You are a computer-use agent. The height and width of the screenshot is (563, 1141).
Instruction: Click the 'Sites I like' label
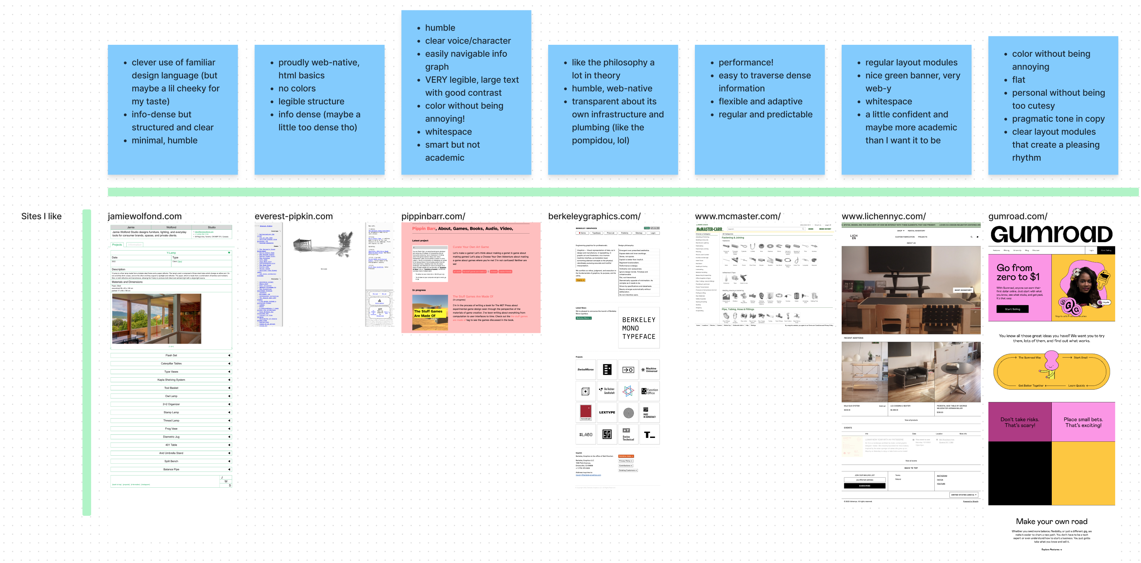coord(41,216)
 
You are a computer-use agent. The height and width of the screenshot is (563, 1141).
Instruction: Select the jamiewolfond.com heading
coord(144,216)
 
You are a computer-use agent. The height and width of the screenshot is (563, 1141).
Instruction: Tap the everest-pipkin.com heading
coord(293,216)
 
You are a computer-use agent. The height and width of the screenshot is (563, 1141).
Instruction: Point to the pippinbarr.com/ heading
coord(433,216)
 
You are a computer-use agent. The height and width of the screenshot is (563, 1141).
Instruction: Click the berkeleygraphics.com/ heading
coord(594,216)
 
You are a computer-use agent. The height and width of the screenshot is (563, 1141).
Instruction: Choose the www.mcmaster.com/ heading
coord(737,216)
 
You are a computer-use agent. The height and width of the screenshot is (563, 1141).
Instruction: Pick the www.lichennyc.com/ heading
coord(883,216)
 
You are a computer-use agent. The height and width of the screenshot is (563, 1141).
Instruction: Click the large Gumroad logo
coord(1051,234)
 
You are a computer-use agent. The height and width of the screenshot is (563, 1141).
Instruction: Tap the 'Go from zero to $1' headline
coord(1017,272)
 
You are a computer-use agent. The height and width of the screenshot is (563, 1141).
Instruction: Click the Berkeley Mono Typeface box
coord(638,328)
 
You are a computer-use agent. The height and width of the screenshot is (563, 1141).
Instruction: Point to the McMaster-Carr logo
coord(709,229)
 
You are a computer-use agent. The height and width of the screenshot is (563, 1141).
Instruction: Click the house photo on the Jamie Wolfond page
coord(156,319)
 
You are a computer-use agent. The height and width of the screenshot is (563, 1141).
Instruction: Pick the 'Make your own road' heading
coord(1051,521)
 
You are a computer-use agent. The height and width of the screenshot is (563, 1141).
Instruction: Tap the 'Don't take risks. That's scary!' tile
coord(1019,422)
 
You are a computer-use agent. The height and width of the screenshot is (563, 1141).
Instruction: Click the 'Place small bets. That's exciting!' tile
coord(1083,422)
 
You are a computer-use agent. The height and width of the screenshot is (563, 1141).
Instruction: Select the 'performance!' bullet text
coord(745,63)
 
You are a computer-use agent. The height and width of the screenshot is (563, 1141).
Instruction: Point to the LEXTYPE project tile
coord(607,412)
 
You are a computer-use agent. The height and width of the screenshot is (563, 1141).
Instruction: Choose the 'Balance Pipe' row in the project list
coord(171,469)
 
